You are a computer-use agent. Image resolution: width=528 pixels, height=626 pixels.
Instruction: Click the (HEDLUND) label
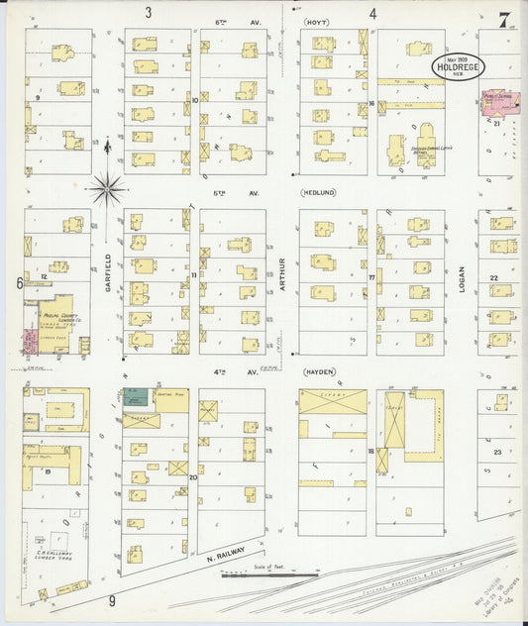[320, 194]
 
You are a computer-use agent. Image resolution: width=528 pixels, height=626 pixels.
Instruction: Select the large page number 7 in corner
[505, 19]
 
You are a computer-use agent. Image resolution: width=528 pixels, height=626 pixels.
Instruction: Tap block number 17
[371, 277]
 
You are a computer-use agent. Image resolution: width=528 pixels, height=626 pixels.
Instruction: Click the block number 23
[496, 452]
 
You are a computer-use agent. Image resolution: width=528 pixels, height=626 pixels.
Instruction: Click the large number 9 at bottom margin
[112, 600]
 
